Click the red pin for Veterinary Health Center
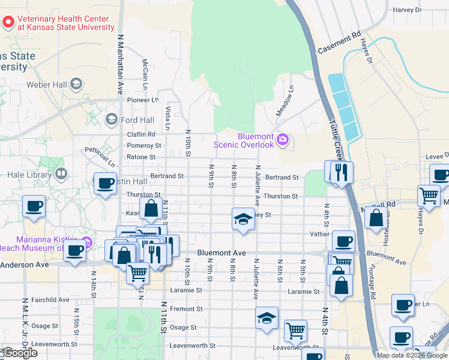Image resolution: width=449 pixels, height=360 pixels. point(8,22)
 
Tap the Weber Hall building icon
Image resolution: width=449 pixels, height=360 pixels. point(76,83)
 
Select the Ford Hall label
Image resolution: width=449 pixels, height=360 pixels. point(137,120)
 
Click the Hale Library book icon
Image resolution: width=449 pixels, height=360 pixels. point(61,175)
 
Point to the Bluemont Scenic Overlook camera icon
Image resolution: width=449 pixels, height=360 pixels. point(283,140)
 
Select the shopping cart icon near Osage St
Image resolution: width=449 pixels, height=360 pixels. point(295,329)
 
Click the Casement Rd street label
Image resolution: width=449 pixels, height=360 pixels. point(339,41)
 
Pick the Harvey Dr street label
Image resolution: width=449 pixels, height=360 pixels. point(407,10)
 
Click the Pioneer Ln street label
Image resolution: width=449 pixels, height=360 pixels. point(142,100)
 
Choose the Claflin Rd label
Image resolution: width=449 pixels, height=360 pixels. point(141,134)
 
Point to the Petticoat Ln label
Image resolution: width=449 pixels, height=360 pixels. point(100,155)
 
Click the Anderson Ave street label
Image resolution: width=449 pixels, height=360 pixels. point(24,265)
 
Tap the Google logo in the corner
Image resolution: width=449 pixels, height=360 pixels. point(20,353)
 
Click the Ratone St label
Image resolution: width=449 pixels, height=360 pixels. point(140,157)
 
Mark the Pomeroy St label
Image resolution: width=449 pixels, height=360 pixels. point(144,145)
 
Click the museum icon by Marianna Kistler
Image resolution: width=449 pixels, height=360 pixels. point(87,242)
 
